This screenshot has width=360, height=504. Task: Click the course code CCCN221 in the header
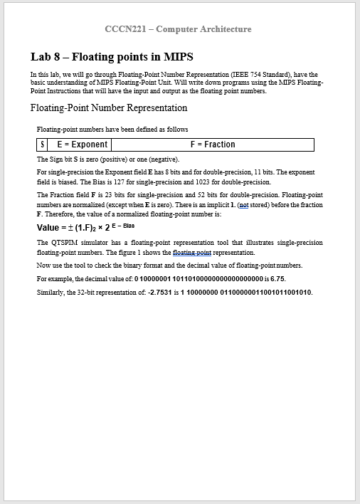pyautogui.click(x=126, y=29)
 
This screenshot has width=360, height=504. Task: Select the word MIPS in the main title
pyautogui.click(x=176, y=57)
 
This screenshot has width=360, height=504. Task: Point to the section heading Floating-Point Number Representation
pyautogui.click(x=109, y=108)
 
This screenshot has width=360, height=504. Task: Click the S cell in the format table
pyautogui.click(x=42, y=145)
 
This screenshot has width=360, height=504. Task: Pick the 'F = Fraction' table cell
pyautogui.click(x=212, y=145)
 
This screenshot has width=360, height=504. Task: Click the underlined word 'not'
pyautogui.click(x=243, y=204)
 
